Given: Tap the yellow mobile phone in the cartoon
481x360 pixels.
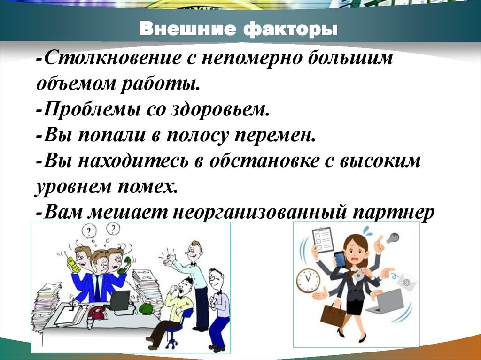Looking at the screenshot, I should [71, 264].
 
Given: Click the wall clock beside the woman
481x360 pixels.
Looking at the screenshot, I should [308, 280].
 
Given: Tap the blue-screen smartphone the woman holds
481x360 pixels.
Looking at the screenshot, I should [340, 259].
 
